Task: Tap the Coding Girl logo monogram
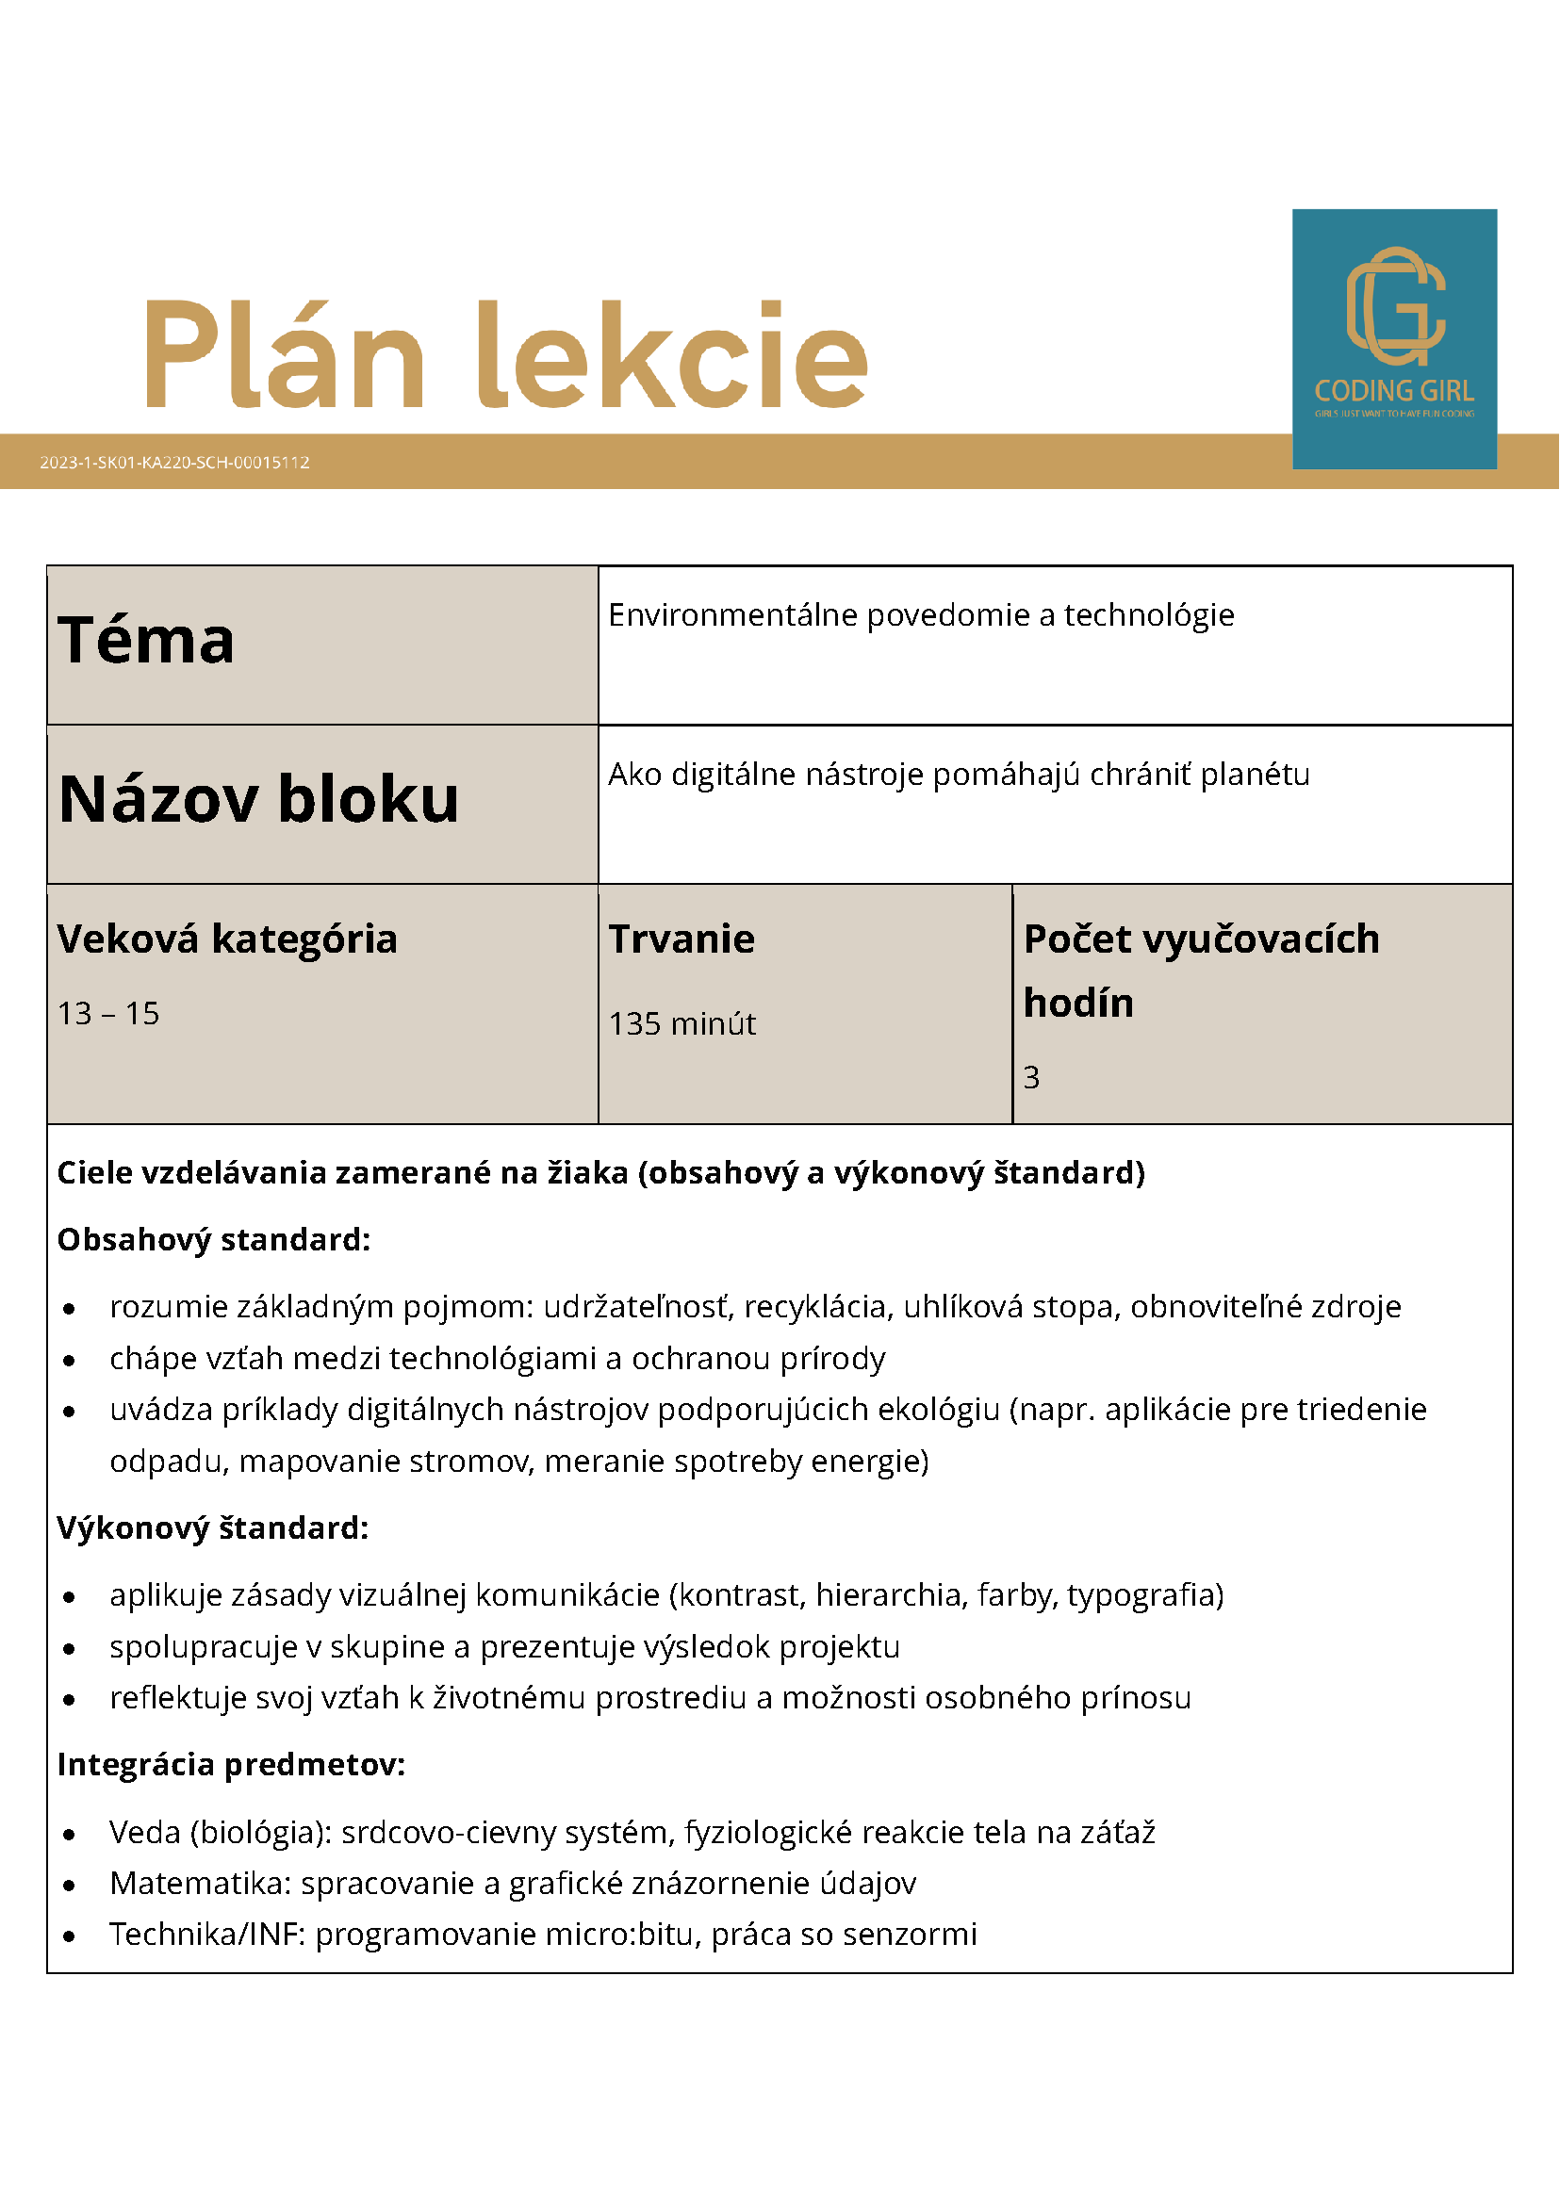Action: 1395,306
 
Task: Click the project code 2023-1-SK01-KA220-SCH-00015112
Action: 174,462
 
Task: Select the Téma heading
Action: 146,640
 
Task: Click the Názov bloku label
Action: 258,799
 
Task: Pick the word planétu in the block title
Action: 1255,774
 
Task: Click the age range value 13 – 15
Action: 108,1013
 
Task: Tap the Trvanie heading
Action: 681,939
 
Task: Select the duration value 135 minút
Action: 682,1023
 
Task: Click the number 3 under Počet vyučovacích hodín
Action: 1030,1078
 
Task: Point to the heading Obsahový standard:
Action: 213,1240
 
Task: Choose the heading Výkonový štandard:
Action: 212,1527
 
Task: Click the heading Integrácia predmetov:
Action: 231,1764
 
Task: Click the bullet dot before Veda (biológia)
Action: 69,1835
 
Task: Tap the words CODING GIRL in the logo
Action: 1394,391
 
